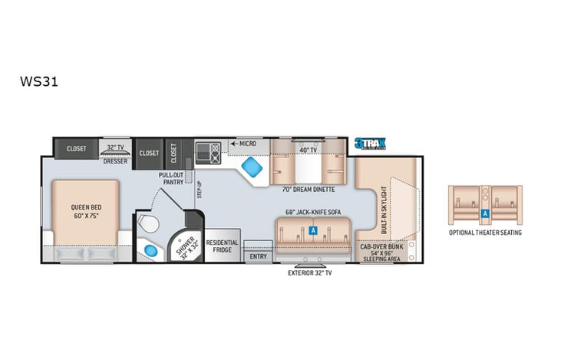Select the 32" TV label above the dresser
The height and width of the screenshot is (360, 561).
tap(116, 146)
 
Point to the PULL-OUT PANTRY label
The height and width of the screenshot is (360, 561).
tap(170, 177)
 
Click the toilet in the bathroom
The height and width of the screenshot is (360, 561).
tap(151, 225)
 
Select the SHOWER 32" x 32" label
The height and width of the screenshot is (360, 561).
tap(188, 245)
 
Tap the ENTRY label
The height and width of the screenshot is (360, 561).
tap(259, 256)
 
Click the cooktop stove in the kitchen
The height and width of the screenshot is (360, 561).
tap(208, 149)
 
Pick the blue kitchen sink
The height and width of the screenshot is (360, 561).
tap(249, 167)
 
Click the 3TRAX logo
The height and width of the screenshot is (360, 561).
tap(369, 143)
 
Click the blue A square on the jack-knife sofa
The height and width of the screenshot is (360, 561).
tap(313, 229)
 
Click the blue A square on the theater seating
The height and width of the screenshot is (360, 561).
tap(485, 213)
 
